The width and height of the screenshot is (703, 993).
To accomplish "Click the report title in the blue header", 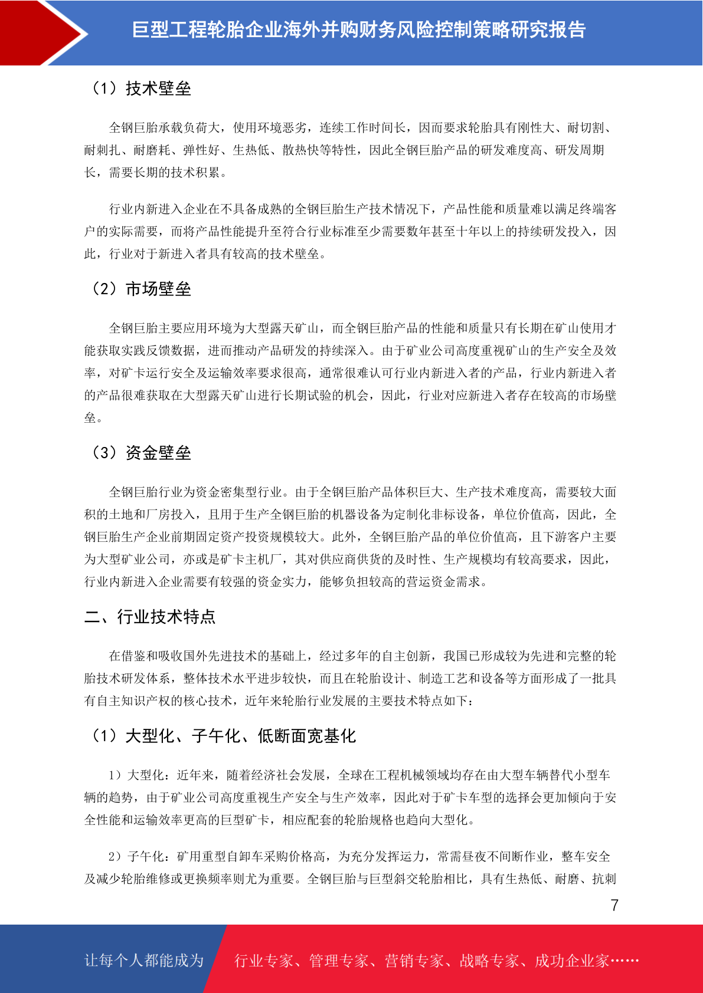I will tap(358, 30).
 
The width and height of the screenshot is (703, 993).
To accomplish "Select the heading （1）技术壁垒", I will tap(140, 88).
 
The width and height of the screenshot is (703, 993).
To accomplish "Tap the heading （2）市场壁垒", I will tap(140, 289).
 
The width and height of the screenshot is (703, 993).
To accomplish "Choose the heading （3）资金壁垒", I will tap(140, 453).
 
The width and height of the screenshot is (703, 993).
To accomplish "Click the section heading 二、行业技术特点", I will tap(150, 617).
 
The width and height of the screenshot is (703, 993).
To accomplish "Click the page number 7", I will tap(614, 905).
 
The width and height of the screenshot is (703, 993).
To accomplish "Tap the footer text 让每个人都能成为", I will tap(144, 961).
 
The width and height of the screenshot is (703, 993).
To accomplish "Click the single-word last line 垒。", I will tap(93, 418).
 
